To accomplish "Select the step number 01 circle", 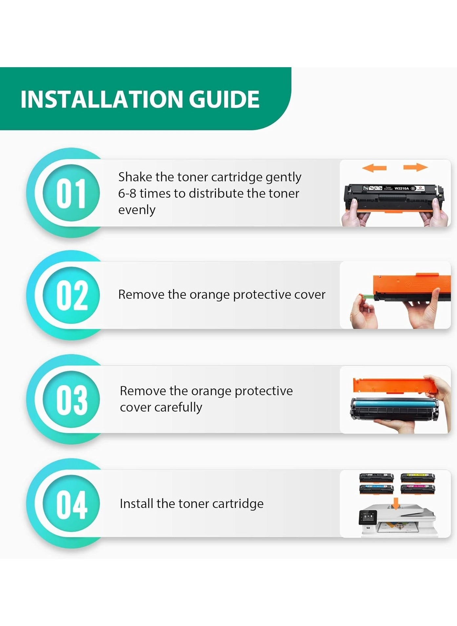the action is [71, 193].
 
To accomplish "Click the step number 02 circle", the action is [71, 295].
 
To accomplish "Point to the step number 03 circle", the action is [71, 399].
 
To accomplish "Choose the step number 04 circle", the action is [71, 503].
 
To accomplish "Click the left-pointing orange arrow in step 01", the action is [374, 168].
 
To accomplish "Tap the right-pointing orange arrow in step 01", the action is [416, 167].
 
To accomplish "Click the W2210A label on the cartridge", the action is [402, 188].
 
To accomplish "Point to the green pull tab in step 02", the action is [366, 296].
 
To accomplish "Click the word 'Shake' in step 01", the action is [135, 177].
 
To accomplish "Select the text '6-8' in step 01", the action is [127, 193].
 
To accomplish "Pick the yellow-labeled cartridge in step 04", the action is [418, 478].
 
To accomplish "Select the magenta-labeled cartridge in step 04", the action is [418, 489].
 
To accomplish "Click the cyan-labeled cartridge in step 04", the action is [376, 489].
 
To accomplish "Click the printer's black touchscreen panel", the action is [368, 518].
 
